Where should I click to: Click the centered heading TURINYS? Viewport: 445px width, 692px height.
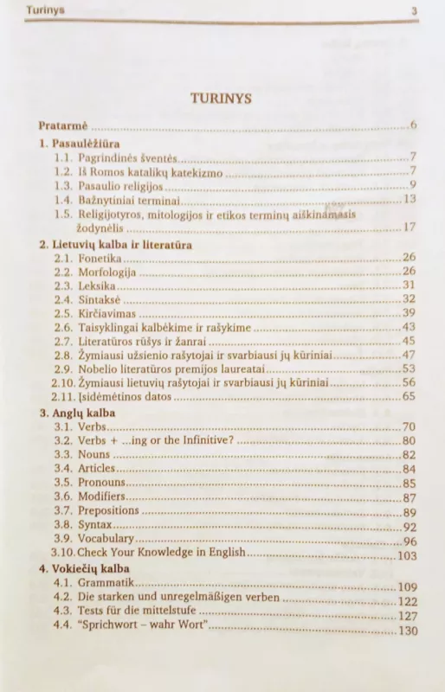tap(222, 99)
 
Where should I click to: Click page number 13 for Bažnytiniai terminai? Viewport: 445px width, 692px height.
tap(410, 199)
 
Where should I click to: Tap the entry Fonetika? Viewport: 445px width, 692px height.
tap(100, 259)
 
